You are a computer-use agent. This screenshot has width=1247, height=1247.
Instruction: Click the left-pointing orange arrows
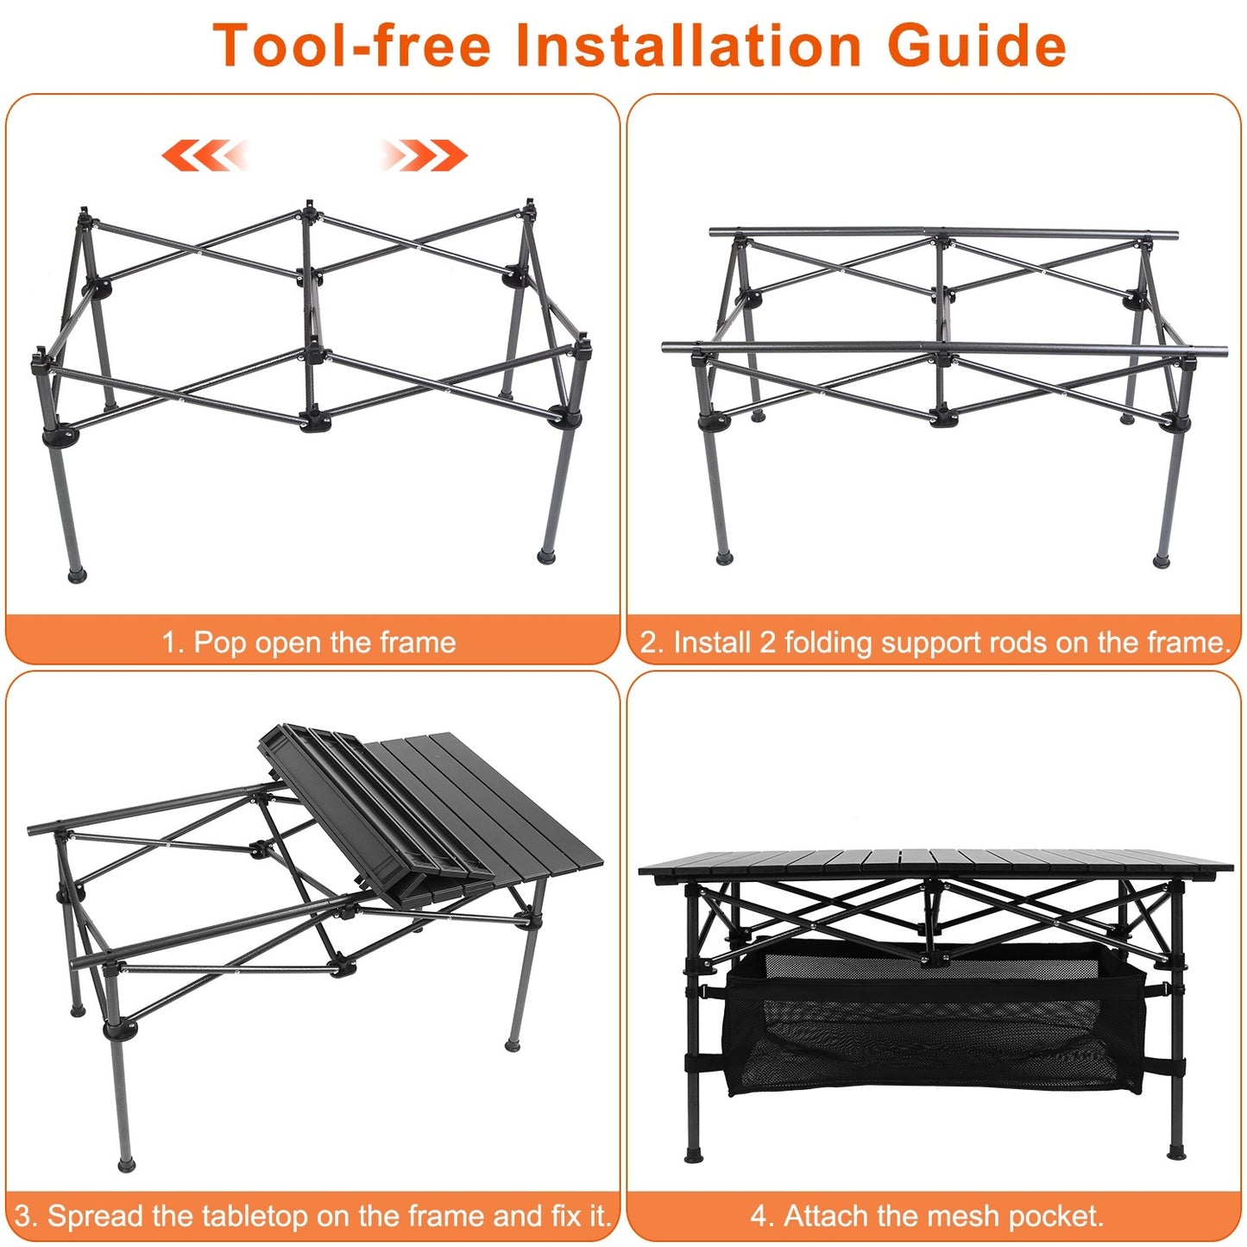click(x=205, y=155)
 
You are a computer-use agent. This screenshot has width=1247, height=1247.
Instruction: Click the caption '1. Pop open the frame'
click(x=308, y=643)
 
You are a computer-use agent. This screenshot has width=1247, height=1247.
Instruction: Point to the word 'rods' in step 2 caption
click(x=1018, y=643)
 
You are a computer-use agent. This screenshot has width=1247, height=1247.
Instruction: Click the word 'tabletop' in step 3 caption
click(x=255, y=1216)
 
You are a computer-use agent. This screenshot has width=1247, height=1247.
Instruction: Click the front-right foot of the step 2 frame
click(x=1162, y=561)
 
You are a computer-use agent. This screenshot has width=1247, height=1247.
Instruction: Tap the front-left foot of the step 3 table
click(x=127, y=1165)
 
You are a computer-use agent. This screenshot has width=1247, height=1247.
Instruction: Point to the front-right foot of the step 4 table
click(x=1176, y=1151)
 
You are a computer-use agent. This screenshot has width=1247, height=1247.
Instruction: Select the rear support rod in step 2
click(x=942, y=233)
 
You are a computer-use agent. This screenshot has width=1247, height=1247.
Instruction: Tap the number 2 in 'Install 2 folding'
click(x=767, y=643)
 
